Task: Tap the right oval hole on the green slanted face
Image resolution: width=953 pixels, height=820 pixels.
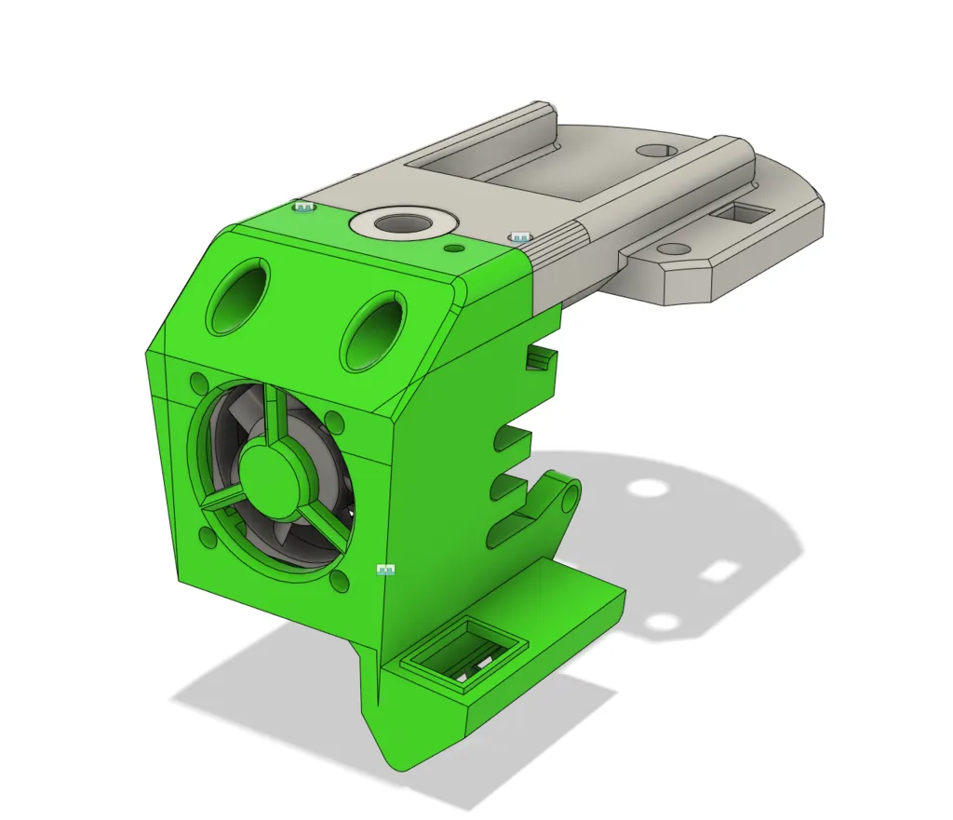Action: click(x=374, y=330)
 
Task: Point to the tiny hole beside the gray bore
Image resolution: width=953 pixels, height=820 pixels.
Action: click(x=453, y=249)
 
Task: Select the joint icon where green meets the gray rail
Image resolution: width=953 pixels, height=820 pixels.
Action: click(x=518, y=238)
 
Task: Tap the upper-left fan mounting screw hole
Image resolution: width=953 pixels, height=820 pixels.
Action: click(x=198, y=383)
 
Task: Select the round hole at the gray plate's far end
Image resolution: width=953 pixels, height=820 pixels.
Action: click(x=658, y=149)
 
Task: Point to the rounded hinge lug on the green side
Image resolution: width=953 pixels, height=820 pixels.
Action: click(x=564, y=493)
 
